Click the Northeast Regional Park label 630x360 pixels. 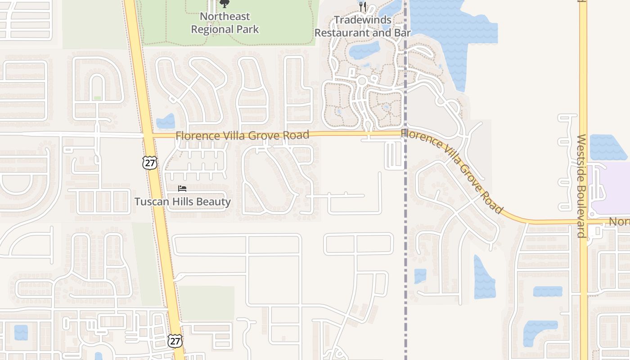[x=225, y=23]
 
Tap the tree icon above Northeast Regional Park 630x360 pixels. [x=224, y=4]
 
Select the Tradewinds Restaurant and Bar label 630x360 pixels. [x=362, y=27]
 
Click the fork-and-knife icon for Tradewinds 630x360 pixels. [x=363, y=6]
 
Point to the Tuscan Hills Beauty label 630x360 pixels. [x=183, y=202]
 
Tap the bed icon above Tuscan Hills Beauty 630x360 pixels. [x=182, y=188]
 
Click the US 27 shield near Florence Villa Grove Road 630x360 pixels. [x=150, y=162]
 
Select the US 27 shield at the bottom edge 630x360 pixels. [x=175, y=341]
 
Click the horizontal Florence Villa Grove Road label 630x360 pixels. [x=242, y=135]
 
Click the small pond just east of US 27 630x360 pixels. [x=166, y=121]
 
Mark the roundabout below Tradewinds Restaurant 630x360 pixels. [x=361, y=81]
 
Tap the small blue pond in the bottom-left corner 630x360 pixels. [x=21, y=333]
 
